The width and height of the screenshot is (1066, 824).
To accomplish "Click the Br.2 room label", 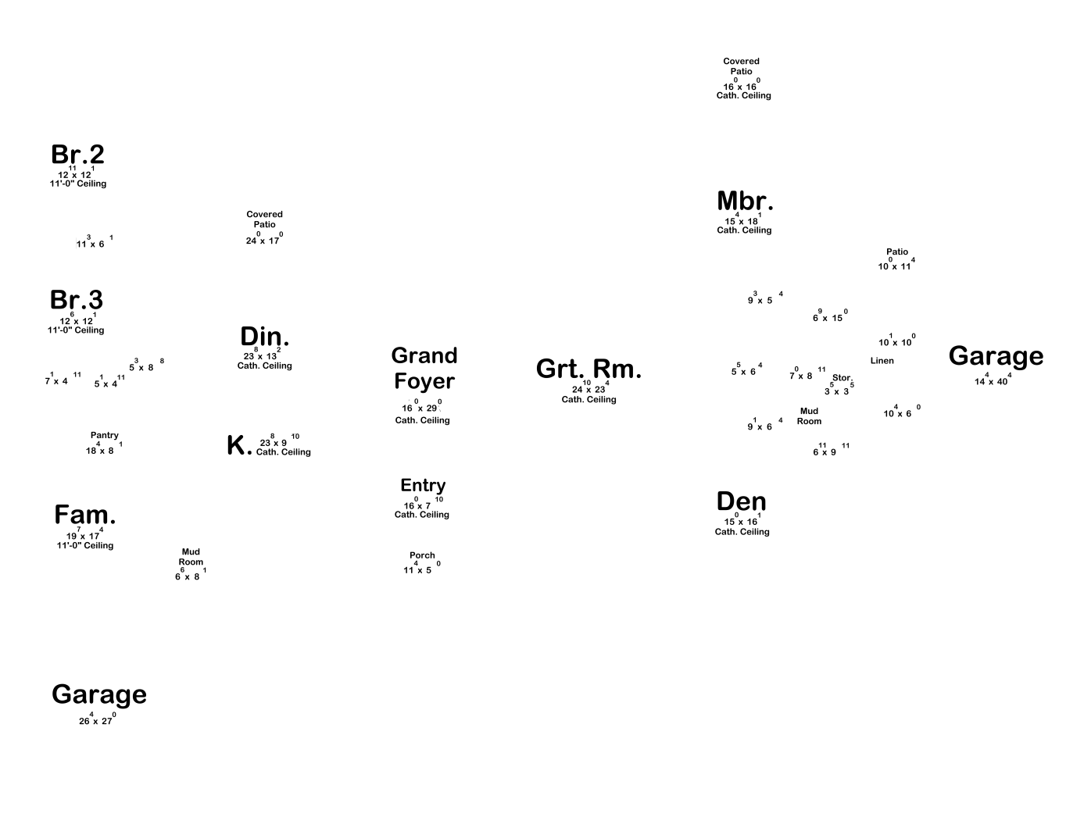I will (x=77, y=155).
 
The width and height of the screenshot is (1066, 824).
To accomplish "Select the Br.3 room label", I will (x=76, y=301).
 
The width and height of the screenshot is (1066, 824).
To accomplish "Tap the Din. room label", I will (x=264, y=337).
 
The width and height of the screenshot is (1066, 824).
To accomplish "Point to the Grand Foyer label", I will (x=424, y=369).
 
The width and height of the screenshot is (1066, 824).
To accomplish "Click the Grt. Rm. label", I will (x=588, y=369).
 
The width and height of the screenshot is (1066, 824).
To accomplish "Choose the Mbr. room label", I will (x=745, y=202).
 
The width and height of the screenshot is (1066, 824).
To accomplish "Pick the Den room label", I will (x=741, y=501).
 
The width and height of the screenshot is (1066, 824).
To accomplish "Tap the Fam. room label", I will (x=85, y=515).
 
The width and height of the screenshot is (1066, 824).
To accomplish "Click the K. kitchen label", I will (x=239, y=446).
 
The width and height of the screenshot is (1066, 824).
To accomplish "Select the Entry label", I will (x=423, y=486).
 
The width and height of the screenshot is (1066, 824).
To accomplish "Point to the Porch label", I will (x=422, y=555).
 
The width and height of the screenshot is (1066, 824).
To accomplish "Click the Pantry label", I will (x=105, y=436).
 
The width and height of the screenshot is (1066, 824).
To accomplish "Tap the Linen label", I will (x=882, y=361).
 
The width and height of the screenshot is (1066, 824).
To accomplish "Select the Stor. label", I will (x=842, y=378).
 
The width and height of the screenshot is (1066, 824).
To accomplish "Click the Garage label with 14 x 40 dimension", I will (x=996, y=356).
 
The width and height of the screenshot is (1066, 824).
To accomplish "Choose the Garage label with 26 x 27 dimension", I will (x=99, y=694).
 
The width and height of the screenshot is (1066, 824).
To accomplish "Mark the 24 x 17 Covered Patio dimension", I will (x=263, y=240).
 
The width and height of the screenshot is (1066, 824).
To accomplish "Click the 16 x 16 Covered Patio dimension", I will (x=740, y=87).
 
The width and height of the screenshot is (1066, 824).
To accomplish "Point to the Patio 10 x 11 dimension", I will (x=896, y=266).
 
